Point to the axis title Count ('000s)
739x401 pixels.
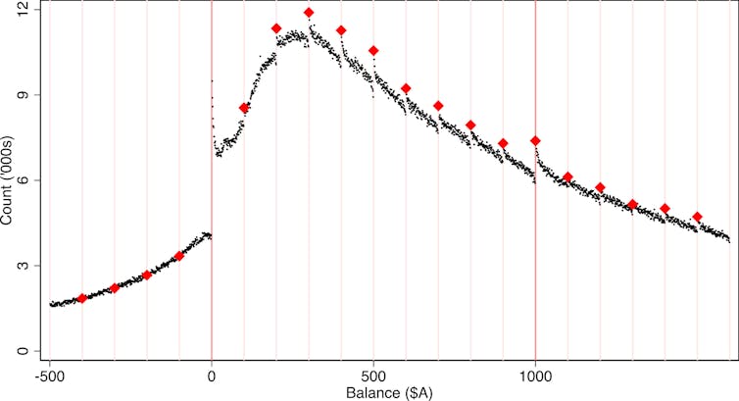tap(9, 180)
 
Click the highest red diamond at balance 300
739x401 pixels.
tap(309, 13)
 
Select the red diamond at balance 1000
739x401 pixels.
tap(535, 141)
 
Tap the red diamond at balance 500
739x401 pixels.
tap(373, 51)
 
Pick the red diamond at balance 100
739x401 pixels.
tap(244, 108)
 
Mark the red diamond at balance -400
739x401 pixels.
tap(82, 298)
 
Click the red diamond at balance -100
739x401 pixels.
tap(179, 256)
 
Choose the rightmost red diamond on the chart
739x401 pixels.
tap(697, 217)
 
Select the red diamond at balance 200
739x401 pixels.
tap(276, 28)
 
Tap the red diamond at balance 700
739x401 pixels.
tap(438, 106)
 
